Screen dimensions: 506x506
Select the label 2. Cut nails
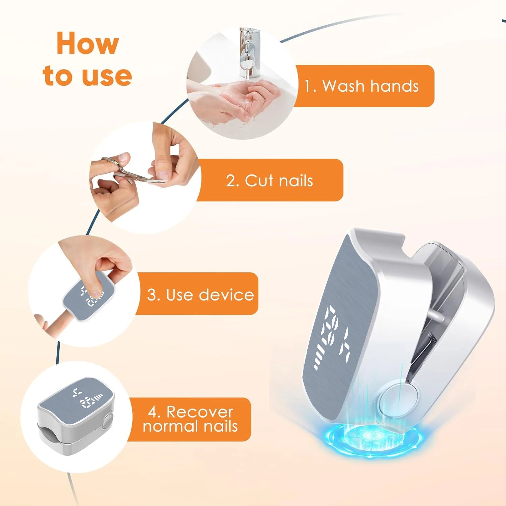coord(270,180)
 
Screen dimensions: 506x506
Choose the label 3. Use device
coord(200,294)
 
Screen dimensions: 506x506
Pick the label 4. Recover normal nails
coord(190,419)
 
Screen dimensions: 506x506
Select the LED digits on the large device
coord(332,337)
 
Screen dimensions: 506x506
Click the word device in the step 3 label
coord(226,294)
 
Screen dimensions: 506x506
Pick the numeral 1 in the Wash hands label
coord(308,86)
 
